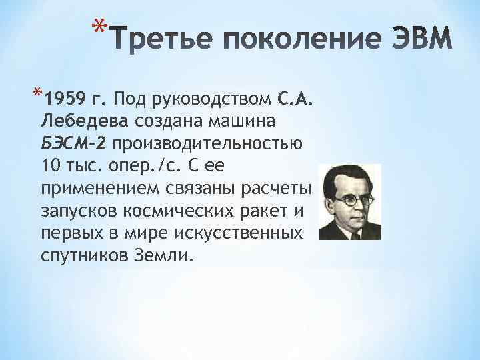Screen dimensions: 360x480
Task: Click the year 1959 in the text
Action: (63, 101)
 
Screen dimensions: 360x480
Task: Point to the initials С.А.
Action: (294, 101)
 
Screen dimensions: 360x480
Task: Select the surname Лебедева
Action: (85, 121)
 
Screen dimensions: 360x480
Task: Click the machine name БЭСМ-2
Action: (75, 143)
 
